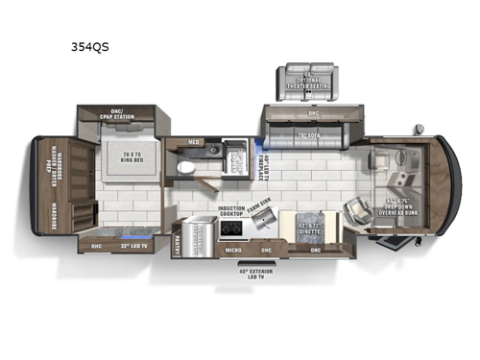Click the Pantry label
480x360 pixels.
[180, 243]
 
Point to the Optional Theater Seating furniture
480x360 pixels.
[306, 79]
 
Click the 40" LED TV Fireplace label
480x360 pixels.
[267, 161]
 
